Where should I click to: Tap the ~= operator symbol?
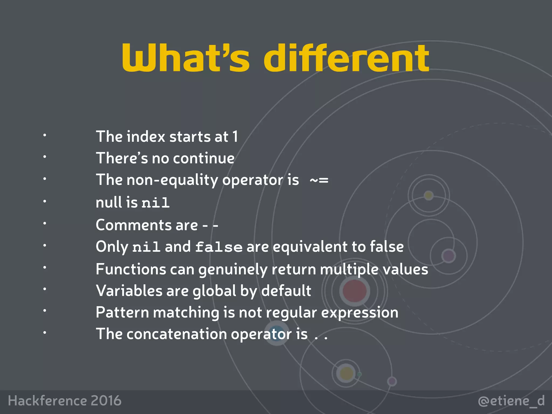[319, 180]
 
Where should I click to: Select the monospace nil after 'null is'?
[156, 203]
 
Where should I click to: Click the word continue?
[204, 158]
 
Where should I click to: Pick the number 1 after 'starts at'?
[235, 136]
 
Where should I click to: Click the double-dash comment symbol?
[210, 225]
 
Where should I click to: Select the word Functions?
[131, 269]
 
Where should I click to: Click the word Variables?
[129, 291]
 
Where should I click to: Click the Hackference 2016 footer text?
[65, 401]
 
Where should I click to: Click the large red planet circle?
[354, 291]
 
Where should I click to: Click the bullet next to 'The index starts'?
[45, 135]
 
